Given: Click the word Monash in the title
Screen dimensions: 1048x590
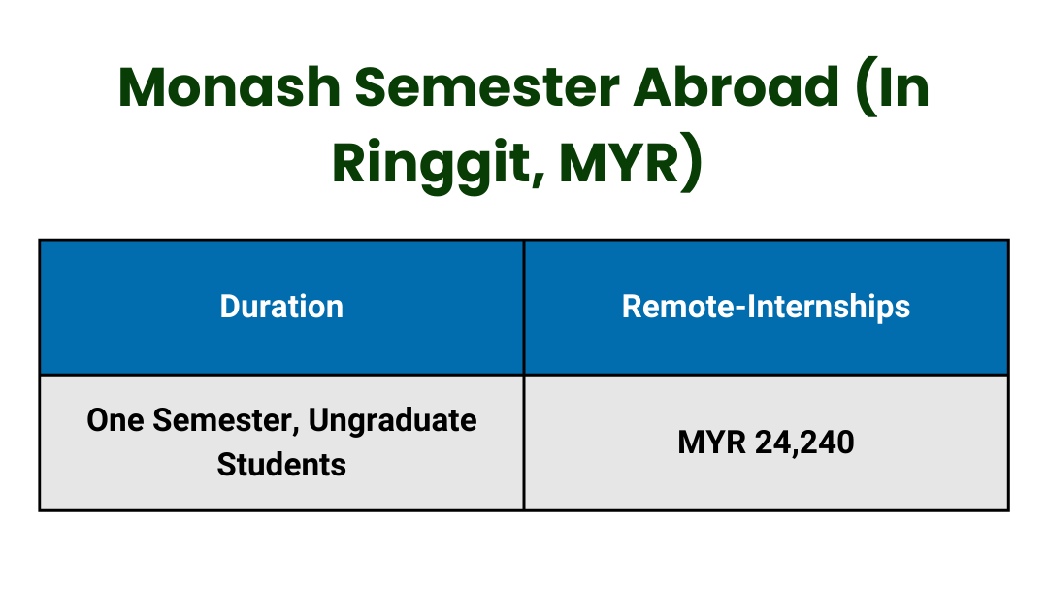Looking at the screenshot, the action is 229,87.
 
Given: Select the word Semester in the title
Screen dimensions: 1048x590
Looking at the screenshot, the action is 486,87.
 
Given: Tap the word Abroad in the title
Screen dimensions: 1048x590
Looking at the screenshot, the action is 736,87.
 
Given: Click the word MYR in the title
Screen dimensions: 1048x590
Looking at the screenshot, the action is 619,164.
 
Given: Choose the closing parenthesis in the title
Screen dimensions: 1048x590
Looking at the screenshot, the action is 692,164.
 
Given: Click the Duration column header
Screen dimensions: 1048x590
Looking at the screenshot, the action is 281,307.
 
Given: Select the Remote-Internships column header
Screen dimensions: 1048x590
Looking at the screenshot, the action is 766,308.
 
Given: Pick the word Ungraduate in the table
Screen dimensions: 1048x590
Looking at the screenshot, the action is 392,422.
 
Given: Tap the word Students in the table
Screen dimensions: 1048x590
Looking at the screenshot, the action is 281,465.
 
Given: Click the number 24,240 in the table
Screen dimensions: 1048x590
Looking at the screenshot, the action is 804,443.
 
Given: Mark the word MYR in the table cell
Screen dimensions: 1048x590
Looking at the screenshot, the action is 712,442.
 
